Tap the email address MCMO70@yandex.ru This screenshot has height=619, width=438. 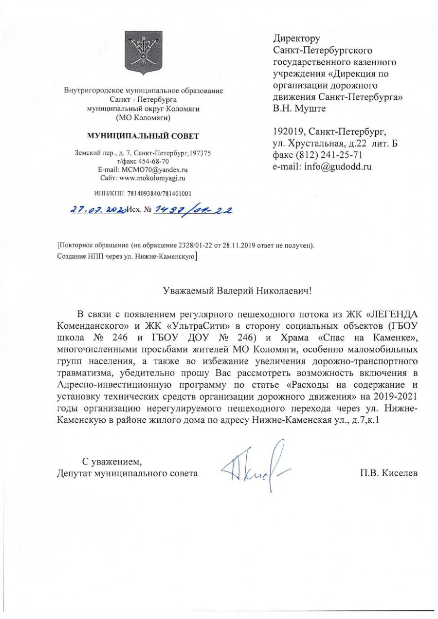coord(155,169)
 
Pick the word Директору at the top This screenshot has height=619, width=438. coord(296,38)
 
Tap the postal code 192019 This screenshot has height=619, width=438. coord(288,131)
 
